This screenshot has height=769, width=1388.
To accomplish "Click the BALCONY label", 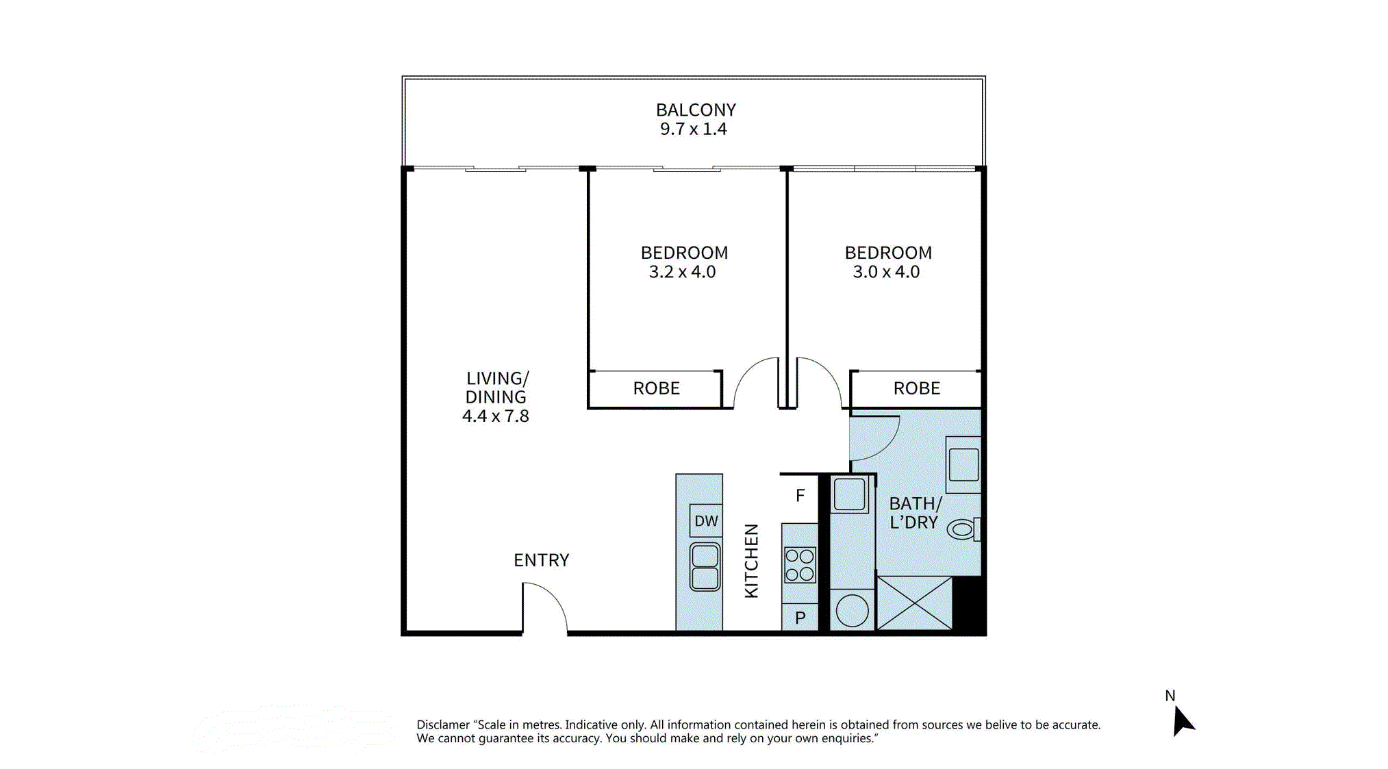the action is (696, 110).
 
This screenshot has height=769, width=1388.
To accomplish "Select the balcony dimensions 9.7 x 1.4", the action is (693, 129).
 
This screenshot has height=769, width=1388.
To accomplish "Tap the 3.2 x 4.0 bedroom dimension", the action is (682, 272).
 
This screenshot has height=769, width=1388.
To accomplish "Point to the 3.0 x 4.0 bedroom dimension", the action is (886, 272).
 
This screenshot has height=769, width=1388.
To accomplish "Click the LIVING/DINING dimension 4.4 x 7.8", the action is (495, 416).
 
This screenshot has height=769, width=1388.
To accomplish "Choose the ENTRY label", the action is (541, 560).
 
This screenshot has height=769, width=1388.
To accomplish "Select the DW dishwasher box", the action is (706, 520).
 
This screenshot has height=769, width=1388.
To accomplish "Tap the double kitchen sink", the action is (705, 566).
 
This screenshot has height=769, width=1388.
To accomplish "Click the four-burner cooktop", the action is (800, 565).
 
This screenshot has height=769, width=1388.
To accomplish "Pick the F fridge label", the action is (800, 495).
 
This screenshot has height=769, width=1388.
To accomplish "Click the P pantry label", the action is (800, 618).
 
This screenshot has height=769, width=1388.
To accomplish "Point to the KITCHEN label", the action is (751, 561).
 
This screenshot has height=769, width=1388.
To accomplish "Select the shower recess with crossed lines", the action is (914, 603).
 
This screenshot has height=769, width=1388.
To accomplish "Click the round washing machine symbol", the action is (852, 610).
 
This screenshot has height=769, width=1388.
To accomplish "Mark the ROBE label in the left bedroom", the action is (656, 388).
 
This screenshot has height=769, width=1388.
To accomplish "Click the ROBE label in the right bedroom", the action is (916, 388).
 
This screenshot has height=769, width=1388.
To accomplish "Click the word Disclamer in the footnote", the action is (443, 724).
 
